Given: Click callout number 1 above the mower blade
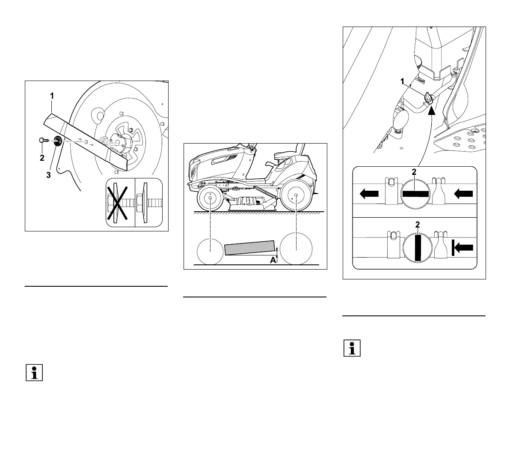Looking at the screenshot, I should pos(52,96).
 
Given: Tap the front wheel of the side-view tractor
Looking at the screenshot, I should pos(211,199).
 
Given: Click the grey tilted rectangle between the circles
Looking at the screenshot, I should pos(249,248).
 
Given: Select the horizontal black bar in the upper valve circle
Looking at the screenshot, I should pos(415,194).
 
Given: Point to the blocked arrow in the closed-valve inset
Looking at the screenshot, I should pos(463,247).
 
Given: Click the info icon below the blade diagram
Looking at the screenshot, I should pos(34,372).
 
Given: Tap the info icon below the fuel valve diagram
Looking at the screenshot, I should pos(352,348).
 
